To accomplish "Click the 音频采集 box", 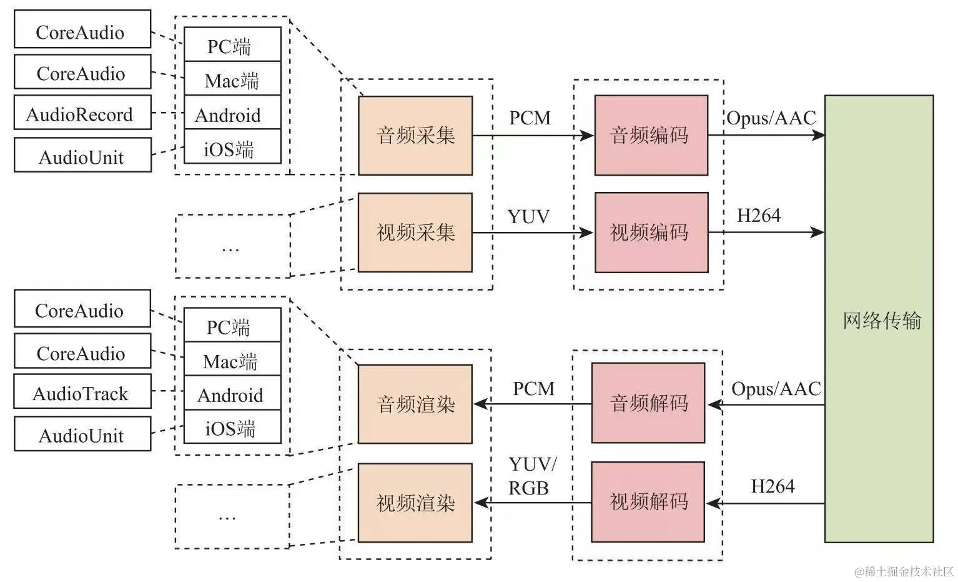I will pyautogui.click(x=415, y=136).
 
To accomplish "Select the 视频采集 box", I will pyautogui.click(x=415, y=233).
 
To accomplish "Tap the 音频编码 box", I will pyautogui.click(x=651, y=136).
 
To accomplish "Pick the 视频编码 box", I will pyautogui.click(x=651, y=233).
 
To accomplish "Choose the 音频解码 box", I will pyautogui.click(x=648, y=403).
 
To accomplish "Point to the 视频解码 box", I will pyautogui.click(x=648, y=501).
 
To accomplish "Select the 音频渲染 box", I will pyautogui.click(x=415, y=404).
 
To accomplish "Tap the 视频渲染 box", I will pyautogui.click(x=415, y=503).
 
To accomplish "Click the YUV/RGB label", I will pyautogui.click(x=531, y=476).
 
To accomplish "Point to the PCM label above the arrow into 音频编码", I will pyautogui.click(x=530, y=118).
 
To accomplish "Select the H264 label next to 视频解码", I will pyautogui.click(x=773, y=486).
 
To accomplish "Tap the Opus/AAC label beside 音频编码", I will pyautogui.click(x=771, y=118).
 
